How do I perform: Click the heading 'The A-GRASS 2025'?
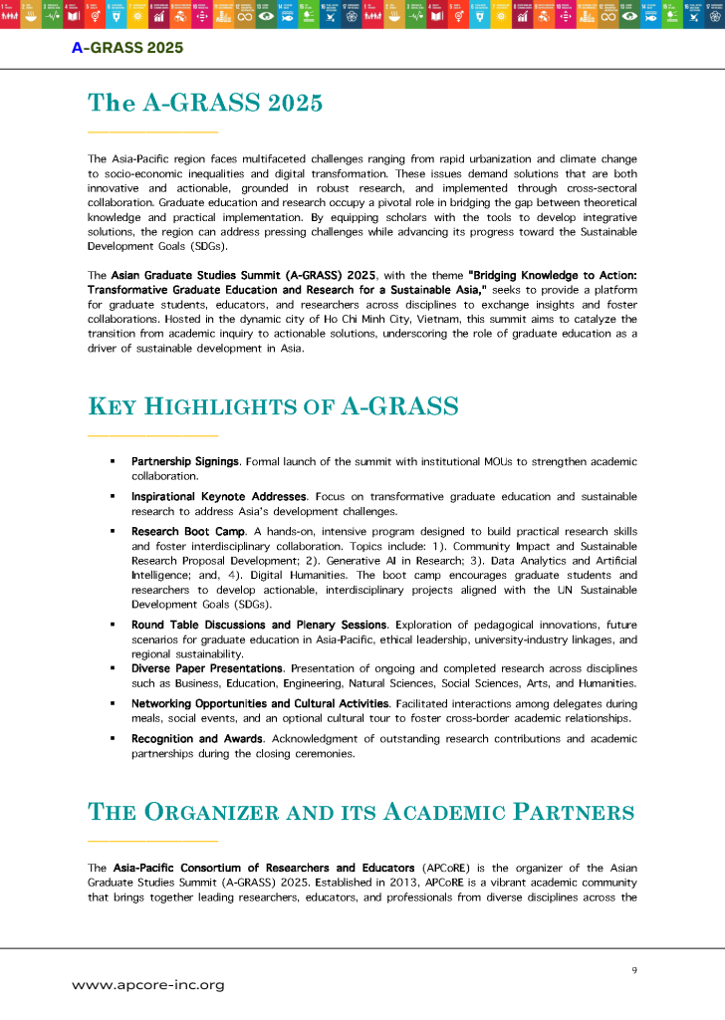click(204, 103)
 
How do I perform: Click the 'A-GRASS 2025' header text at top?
click(127, 47)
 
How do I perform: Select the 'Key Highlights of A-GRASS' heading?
click(273, 406)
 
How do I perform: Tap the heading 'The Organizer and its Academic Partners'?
click(361, 812)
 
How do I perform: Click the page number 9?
click(634, 969)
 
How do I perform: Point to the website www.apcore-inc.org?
click(148, 985)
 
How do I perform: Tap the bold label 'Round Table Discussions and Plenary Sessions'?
click(259, 625)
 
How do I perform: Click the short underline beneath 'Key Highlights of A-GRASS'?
click(151, 435)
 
